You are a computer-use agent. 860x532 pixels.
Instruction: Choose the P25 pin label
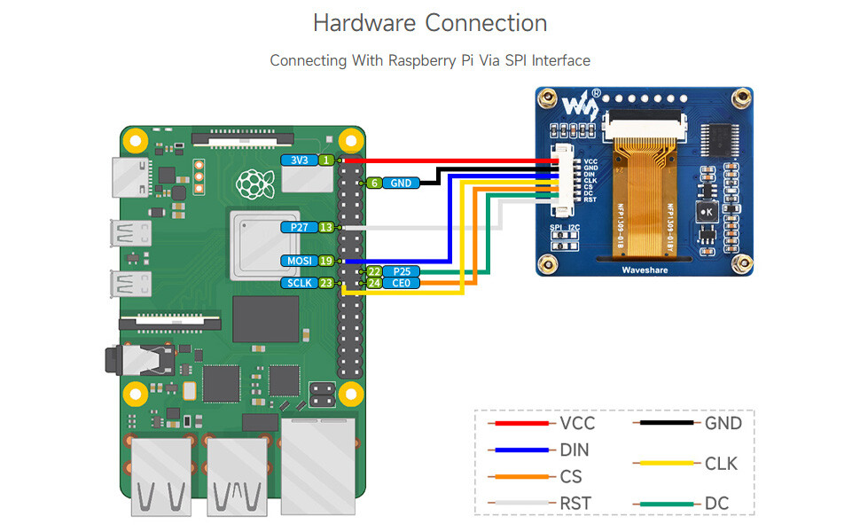click(402, 271)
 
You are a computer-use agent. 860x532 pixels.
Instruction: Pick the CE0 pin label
click(402, 283)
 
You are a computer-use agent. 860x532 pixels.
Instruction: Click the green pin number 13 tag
click(326, 227)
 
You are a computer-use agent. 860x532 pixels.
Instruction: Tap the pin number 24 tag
click(374, 283)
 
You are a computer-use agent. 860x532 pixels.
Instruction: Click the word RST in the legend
click(576, 504)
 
